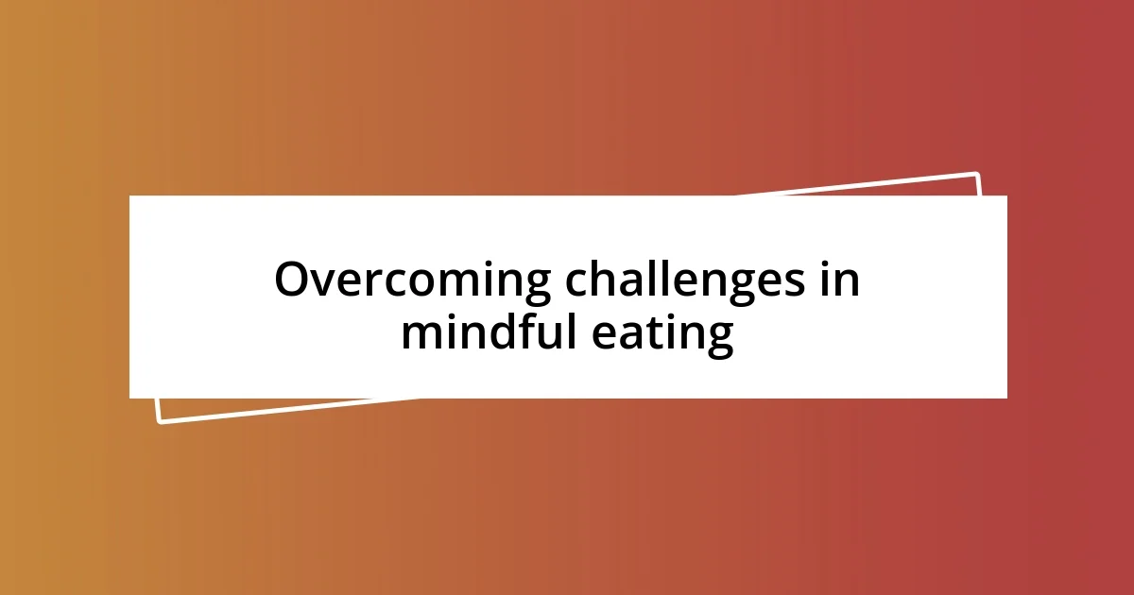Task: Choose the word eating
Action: coord(663,334)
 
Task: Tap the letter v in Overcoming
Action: coord(326,282)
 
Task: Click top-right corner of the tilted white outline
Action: coord(977,174)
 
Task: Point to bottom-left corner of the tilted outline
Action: coord(159,421)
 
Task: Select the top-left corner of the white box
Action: coord(130,196)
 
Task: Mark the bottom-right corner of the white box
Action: coord(1006,398)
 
